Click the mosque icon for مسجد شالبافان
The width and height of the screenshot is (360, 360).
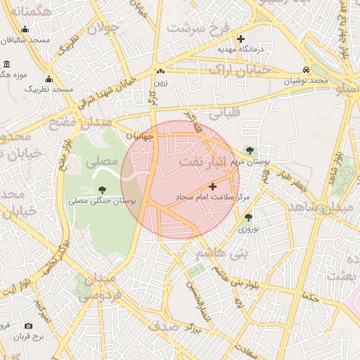click(x=25, y=30)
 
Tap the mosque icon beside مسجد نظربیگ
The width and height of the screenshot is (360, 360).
click(x=49, y=79)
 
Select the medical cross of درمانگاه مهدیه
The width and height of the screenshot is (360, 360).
click(x=241, y=39)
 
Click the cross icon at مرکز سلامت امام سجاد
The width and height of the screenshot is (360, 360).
click(x=213, y=187)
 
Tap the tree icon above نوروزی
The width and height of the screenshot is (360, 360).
click(x=248, y=217)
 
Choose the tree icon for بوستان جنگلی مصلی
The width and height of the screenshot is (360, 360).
click(x=103, y=190)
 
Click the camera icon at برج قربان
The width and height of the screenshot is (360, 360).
click(x=28, y=326)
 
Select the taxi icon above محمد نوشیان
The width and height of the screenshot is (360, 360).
click(x=306, y=70)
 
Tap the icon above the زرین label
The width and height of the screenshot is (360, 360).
click(x=161, y=71)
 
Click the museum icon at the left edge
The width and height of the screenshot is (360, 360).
click(x=6, y=65)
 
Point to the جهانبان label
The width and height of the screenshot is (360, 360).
click(x=139, y=136)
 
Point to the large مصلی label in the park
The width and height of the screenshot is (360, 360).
click(x=102, y=161)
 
